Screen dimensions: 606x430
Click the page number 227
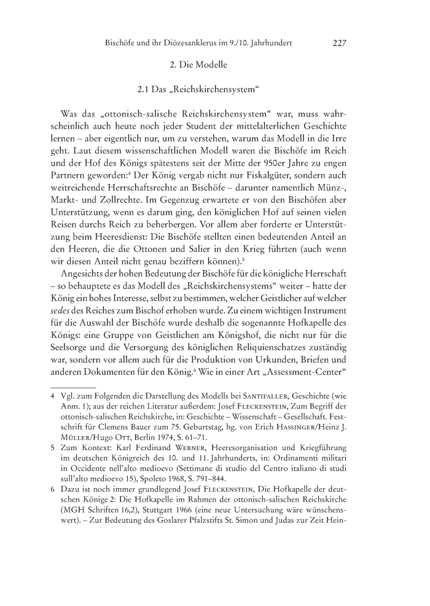[340, 44]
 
